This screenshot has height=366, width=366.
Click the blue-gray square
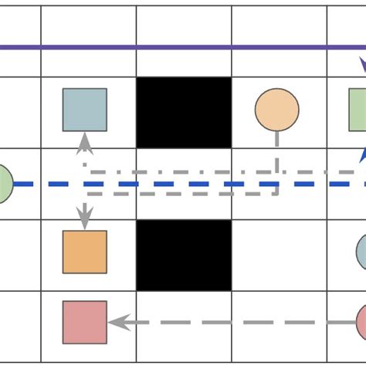tap(85, 110)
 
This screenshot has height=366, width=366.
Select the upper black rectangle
tap(184, 112)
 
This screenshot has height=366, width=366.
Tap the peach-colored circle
tap(276, 110)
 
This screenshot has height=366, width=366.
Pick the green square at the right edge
tap(358, 110)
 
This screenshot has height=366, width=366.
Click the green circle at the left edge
tap(3, 184)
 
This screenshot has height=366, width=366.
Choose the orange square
tap(85, 252)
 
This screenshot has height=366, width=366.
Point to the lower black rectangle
tap(184, 255)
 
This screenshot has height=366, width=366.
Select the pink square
tap(85, 322)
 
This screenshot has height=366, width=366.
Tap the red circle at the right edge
tap(361, 322)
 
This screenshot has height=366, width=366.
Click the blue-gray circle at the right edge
tap(361, 252)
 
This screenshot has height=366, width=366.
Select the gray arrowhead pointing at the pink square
tap(118, 322)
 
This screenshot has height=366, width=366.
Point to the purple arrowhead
tap(361, 65)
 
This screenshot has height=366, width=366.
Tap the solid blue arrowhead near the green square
tap(361, 156)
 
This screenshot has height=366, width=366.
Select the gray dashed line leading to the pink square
tap(232, 322)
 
